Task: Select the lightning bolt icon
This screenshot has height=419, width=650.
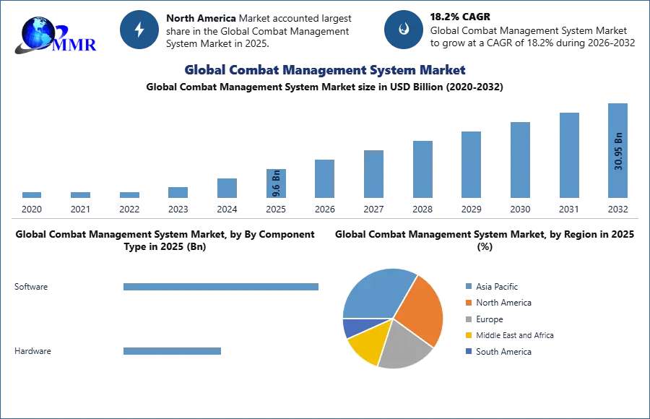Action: (x=139, y=30)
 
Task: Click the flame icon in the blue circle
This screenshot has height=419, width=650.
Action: (x=404, y=30)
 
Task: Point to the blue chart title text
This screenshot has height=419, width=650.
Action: (x=325, y=70)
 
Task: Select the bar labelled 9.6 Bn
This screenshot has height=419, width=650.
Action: (x=277, y=184)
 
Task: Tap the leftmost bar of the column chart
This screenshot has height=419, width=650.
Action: (x=31, y=196)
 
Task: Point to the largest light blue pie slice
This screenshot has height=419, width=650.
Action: (x=376, y=293)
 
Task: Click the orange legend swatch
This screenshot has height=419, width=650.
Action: (x=468, y=303)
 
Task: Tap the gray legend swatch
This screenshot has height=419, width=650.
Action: (x=468, y=319)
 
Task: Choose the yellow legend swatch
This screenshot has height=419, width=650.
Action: (x=468, y=335)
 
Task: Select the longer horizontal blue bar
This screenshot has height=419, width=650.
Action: (x=222, y=289)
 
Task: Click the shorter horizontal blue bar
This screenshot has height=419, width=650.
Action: (x=173, y=353)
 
